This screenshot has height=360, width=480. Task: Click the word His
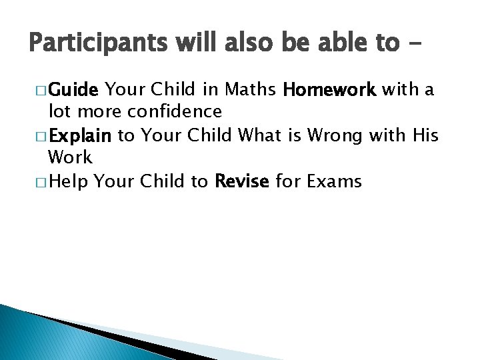pos(425,136)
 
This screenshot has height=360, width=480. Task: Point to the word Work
pos(70,158)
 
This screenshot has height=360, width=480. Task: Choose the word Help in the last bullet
pos(70,182)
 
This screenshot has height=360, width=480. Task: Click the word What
pos(261,136)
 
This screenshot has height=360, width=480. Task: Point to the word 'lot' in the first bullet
pos(58,111)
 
